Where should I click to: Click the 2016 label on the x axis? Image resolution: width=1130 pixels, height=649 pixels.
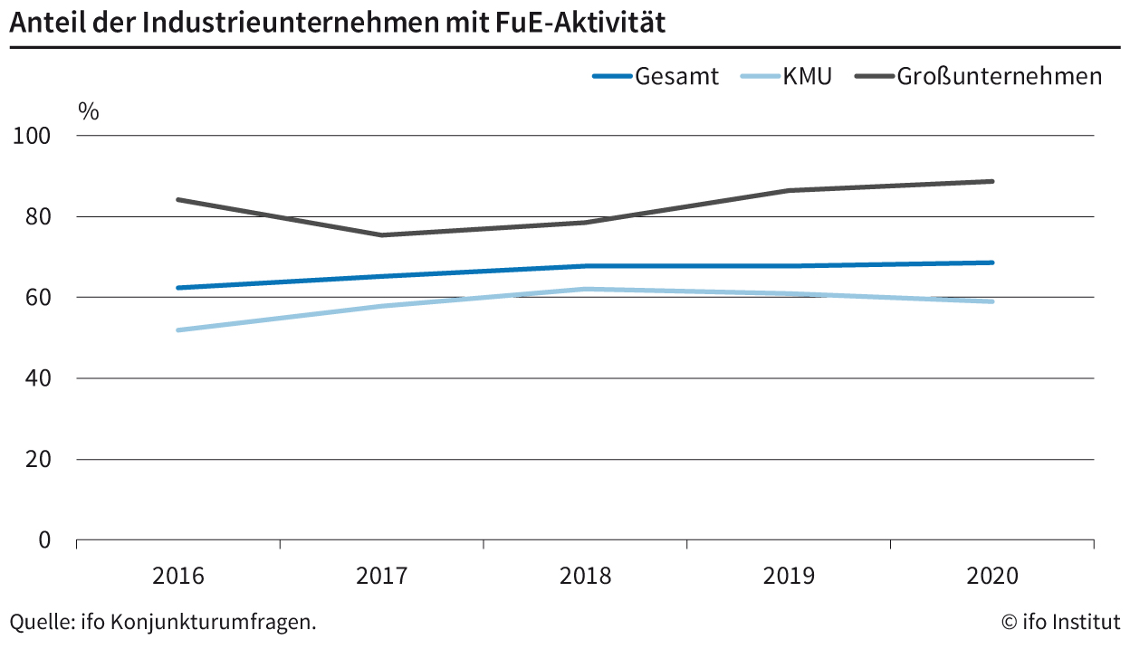(x=178, y=577)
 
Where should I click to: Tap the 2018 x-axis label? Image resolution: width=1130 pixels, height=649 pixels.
(x=585, y=577)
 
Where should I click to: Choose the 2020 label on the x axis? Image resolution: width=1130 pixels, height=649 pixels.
(x=992, y=577)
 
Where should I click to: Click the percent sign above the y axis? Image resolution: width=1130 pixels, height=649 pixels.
(x=88, y=111)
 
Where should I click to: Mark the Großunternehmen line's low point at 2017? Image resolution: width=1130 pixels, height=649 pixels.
(x=382, y=235)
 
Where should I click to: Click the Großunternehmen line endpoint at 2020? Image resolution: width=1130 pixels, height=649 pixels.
(x=992, y=181)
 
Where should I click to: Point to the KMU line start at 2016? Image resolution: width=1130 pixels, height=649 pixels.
(x=178, y=330)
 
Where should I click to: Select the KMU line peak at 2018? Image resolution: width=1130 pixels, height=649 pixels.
(x=585, y=289)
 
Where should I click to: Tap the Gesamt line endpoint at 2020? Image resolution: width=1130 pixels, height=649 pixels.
(x=992, y=262)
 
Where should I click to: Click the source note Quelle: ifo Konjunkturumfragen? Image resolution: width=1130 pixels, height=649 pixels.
(x=163, y=622)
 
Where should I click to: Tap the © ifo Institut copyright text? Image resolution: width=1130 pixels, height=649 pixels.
(x=1060, y=622)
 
